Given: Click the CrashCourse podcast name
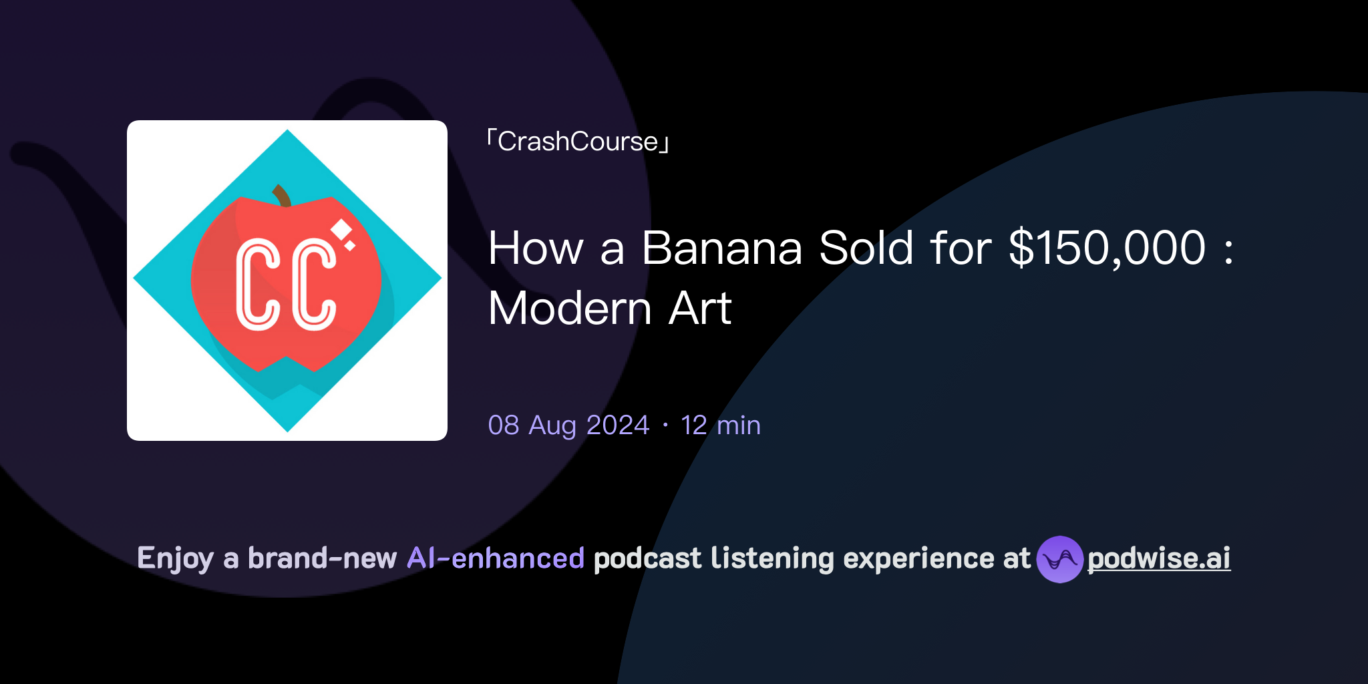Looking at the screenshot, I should (x=578, y=142).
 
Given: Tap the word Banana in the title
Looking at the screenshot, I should (x=721, y=248).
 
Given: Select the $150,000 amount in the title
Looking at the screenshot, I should (x=1107, y=248).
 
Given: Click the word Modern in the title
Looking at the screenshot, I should (x=570, y=309).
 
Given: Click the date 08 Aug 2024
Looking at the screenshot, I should (x=568, y=425).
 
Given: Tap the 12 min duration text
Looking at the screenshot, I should (x=720, y=425).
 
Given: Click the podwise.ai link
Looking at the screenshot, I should (x=1158, y=558).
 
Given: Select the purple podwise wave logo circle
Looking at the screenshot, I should (x=1059, y=559).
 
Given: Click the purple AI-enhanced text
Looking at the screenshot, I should (x=496, y=558).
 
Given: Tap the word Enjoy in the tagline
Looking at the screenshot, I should (x=175, y=558).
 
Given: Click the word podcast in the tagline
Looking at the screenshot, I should (x=647, y=558).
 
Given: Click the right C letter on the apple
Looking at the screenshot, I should (x=314, y=285).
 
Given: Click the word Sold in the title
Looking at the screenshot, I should (x=866, y=248).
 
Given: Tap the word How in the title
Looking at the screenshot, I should (x=536, y=248).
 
